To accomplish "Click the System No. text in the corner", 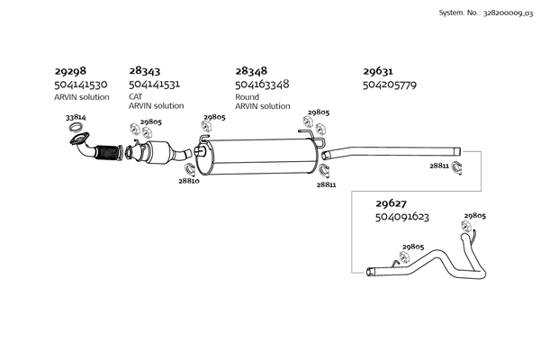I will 483,13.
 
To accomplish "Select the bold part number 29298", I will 70,70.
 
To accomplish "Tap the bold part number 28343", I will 145,70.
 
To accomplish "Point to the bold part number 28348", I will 251,70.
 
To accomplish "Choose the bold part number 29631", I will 378,70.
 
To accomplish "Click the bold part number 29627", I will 390,202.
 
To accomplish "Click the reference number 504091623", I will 401,217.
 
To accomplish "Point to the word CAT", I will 136,95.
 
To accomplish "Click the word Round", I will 247,95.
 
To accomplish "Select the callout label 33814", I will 76,118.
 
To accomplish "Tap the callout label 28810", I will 188,181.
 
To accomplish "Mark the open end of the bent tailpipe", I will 371,271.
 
